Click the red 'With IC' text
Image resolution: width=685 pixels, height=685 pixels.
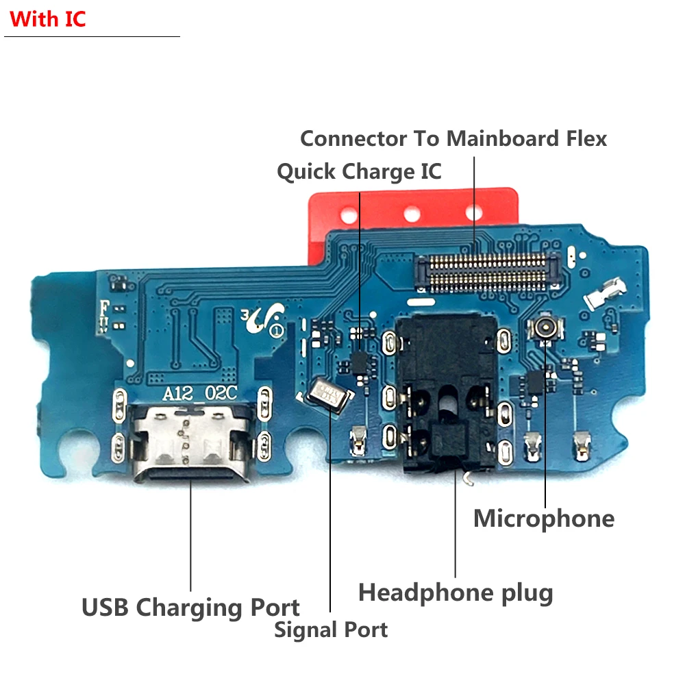pos(47,18)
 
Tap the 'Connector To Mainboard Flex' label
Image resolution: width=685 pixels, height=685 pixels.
pos(453,138)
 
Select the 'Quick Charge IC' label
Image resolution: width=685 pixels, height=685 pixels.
pos(359,171)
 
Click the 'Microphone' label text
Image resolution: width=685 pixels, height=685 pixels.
pos(543,519)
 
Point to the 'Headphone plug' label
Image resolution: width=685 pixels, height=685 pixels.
pos(456,593)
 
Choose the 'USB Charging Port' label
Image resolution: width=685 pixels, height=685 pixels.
pos(190,608)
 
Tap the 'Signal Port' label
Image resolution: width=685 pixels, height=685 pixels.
pos(331,630)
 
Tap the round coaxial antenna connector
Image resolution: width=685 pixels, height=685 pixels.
pos(546,328)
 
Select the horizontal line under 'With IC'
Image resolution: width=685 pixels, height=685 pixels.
pos(92,36)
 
